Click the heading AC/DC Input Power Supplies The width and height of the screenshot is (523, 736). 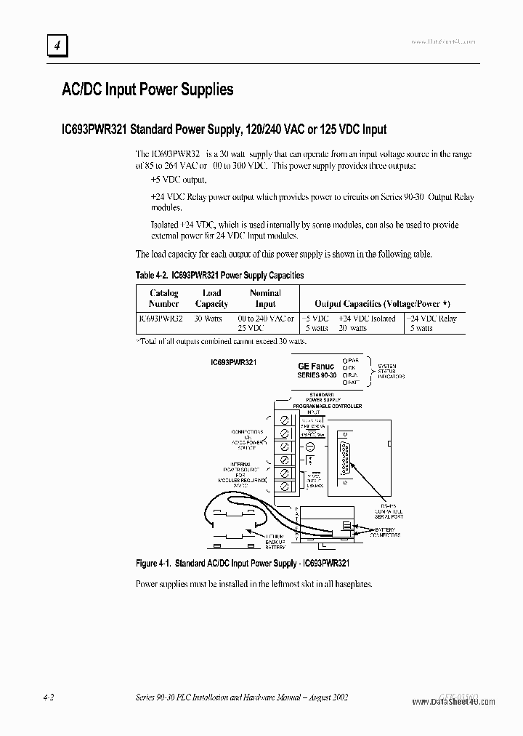[147, 89]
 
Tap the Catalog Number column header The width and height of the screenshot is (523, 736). [164, 299]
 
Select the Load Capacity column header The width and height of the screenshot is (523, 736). [211, 299]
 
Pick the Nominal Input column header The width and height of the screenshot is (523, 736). [265, 299]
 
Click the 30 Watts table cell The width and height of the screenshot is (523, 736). [208, 319]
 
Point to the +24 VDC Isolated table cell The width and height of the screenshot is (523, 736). [367, 319]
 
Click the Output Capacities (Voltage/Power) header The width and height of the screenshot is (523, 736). [382, 304]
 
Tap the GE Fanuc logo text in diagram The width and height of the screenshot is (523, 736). [317, 367]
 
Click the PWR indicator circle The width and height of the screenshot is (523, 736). [345, 360]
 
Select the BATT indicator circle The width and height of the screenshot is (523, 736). [345, 382]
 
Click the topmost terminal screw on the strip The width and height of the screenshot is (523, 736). [285, 420]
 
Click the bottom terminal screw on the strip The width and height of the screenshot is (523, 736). [285, 486]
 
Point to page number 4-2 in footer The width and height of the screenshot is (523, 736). [49, 697]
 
